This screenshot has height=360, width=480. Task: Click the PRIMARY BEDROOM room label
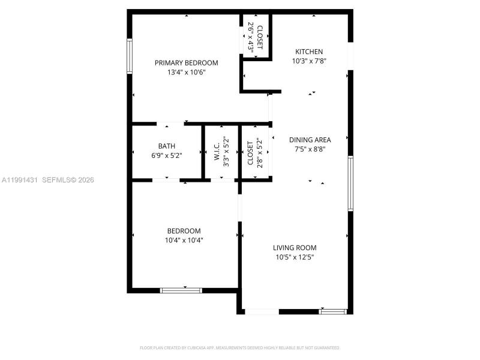tap(186, 63)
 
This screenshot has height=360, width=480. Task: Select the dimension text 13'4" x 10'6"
tap(186, 73)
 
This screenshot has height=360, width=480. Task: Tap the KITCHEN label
tap(308, 52)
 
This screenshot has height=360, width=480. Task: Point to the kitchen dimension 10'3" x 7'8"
tap(308, 61)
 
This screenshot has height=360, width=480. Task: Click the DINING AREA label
tap(310, 140)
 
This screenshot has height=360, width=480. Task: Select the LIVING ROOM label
tap(295, 248)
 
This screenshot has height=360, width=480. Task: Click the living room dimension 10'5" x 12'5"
tap(295, 257)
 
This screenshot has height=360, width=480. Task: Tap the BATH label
tap(167, 146)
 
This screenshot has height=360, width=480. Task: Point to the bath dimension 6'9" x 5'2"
tap(167, 155)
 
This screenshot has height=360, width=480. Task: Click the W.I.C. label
tap(217, 153)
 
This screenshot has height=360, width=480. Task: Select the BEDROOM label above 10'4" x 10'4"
tap(184, 231)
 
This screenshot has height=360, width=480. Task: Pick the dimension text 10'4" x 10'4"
tap(184, 241)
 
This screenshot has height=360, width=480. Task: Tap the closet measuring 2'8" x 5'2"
tap(255, 153)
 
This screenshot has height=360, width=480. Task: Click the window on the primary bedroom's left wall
tap(129, 56)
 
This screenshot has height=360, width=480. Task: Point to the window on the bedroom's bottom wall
tap(181, 290)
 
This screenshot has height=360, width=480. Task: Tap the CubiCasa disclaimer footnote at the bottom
tap(240, 348)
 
